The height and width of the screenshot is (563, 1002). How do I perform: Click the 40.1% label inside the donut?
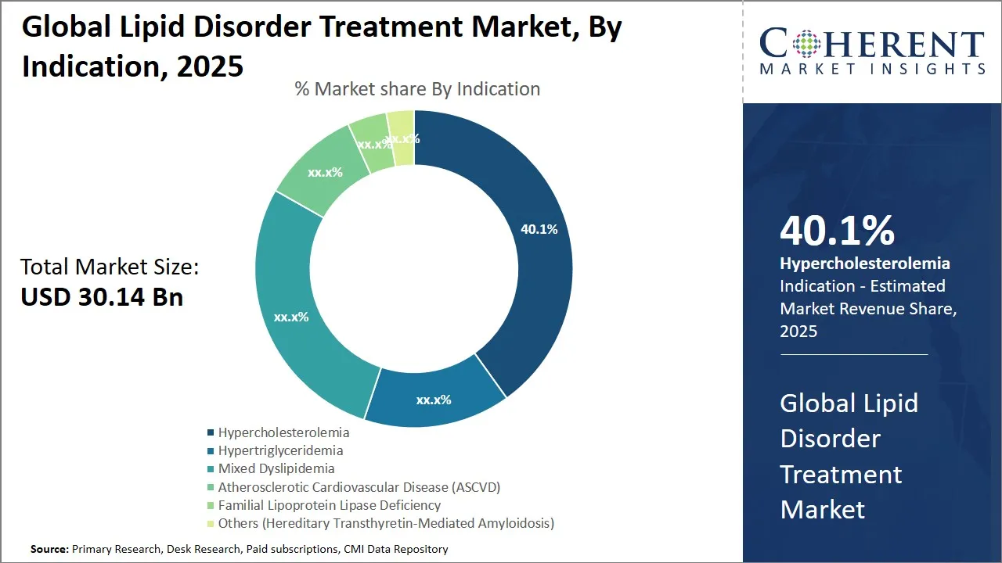coord(539,229)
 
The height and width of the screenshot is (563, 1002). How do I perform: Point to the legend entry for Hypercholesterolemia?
coord(283,432)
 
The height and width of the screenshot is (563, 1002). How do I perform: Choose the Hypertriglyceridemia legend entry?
coord(280,450)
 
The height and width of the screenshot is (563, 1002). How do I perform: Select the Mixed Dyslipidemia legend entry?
coord(276,468)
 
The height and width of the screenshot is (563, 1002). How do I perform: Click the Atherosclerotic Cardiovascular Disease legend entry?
coord(359,486)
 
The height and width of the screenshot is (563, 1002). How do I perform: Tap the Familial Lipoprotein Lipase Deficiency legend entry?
coord(329,505)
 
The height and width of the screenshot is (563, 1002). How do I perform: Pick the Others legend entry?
coord(385,523)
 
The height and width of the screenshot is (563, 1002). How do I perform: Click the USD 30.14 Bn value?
coord(102,297)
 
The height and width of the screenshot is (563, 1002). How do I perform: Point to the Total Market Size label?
coord(110,267)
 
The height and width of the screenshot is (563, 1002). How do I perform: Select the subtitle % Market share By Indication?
coord(417,89)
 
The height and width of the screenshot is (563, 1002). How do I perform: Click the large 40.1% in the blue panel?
coord(837,231)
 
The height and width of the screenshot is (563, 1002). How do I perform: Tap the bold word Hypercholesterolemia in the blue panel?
coord(865,264)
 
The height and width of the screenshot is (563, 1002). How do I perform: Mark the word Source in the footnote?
coord(49,549)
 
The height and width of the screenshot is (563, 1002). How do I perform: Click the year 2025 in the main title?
coord(211,66)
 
